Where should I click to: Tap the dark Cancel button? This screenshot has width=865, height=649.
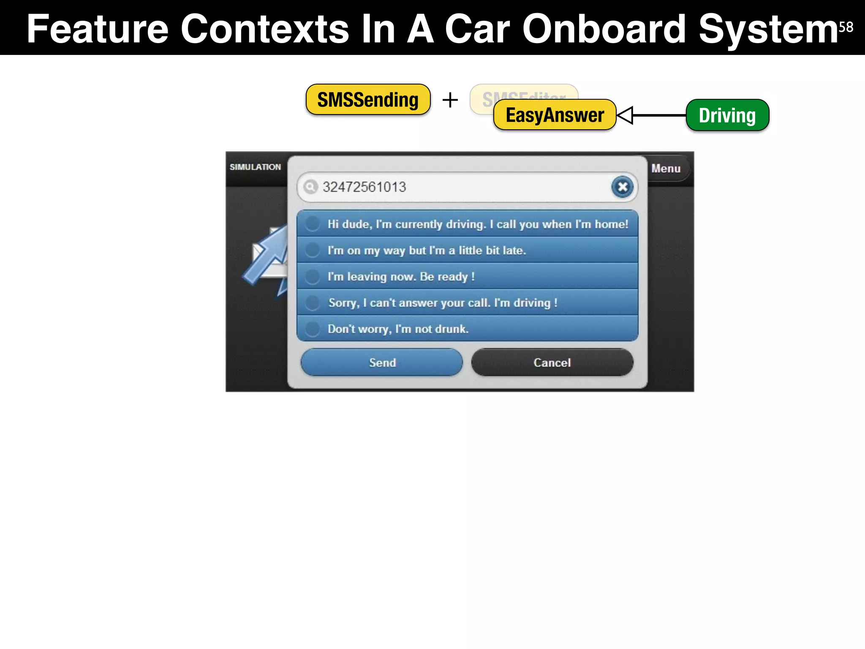[552, 362]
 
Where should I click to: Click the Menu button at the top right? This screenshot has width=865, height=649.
[666, 168]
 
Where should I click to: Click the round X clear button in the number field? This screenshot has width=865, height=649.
[622, 187]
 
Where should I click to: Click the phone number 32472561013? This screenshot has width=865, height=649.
[364, 187]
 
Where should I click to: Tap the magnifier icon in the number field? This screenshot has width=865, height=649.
[310, 186]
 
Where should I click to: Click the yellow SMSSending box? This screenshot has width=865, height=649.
[368, 100]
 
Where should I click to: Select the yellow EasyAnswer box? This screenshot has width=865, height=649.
[555, 115]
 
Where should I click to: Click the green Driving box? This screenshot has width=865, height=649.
[727, 115]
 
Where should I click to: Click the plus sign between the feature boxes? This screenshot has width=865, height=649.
[450, 100]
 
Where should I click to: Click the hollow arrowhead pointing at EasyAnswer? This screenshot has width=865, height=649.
[625, 115]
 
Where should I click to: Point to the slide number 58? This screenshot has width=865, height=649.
[846, 27]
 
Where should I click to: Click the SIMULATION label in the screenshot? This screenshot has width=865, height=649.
[255, 167]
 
